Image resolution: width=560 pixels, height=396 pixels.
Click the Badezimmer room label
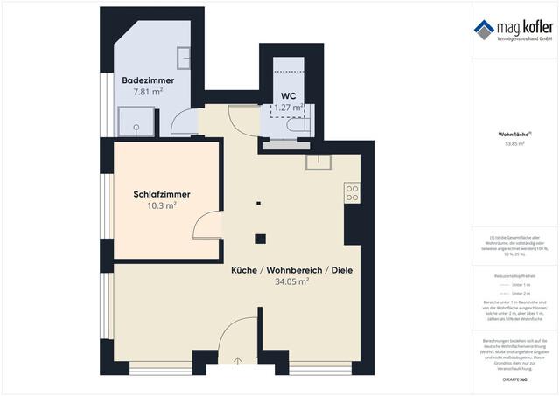point(148,80)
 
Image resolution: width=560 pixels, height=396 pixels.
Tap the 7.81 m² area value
point(148,92)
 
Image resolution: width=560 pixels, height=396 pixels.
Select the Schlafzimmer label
point(162,194)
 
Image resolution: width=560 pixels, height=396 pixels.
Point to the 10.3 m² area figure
point(162,206)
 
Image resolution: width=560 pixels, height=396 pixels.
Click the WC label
point(288,95)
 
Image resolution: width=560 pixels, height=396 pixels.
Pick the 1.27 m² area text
point(288,108)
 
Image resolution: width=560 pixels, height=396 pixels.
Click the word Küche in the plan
point(245,270)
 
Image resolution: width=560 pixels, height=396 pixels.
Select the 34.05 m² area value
point(292,282)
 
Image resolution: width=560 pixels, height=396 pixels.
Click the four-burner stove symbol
point(352,192)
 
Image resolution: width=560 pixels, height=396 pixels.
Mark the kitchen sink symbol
point(317,162)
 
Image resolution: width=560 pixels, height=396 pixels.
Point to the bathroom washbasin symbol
point(185,58)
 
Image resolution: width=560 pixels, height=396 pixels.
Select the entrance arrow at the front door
point(239,359)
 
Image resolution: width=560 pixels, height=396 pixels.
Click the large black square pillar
point(259,239)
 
